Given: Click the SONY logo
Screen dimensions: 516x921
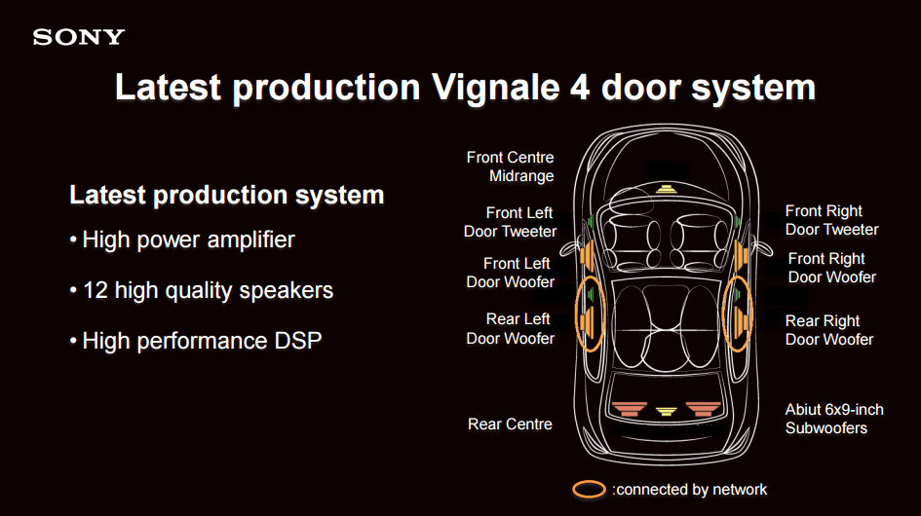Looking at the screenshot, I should (79, 38).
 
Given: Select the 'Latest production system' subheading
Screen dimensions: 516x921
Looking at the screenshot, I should (226, 195).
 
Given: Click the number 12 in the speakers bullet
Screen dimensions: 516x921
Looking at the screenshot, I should (95, 290).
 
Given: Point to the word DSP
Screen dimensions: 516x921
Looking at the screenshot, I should (294, 342).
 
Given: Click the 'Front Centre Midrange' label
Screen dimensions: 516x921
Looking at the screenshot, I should (510, 166).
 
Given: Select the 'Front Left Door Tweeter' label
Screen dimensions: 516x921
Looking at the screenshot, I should (510, 222).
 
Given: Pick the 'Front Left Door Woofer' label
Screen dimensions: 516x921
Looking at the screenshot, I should (510, 273).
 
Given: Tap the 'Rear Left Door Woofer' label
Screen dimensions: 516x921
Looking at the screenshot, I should (510, 328).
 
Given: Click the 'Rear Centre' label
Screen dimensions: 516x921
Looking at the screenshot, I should (510, 424).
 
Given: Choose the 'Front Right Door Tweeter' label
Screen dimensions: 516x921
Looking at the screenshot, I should (831, 220).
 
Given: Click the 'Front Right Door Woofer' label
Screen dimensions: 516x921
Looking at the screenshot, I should (831, 268).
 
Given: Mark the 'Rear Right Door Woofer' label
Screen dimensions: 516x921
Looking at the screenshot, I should (828, 330).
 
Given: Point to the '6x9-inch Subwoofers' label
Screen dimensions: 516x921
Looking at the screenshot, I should (834, 419).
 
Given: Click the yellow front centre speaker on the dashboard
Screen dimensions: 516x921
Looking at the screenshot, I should (666, 189).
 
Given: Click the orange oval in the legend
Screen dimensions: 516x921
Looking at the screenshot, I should (590, 489).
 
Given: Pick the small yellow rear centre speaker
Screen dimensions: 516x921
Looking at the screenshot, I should (666, 411).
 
